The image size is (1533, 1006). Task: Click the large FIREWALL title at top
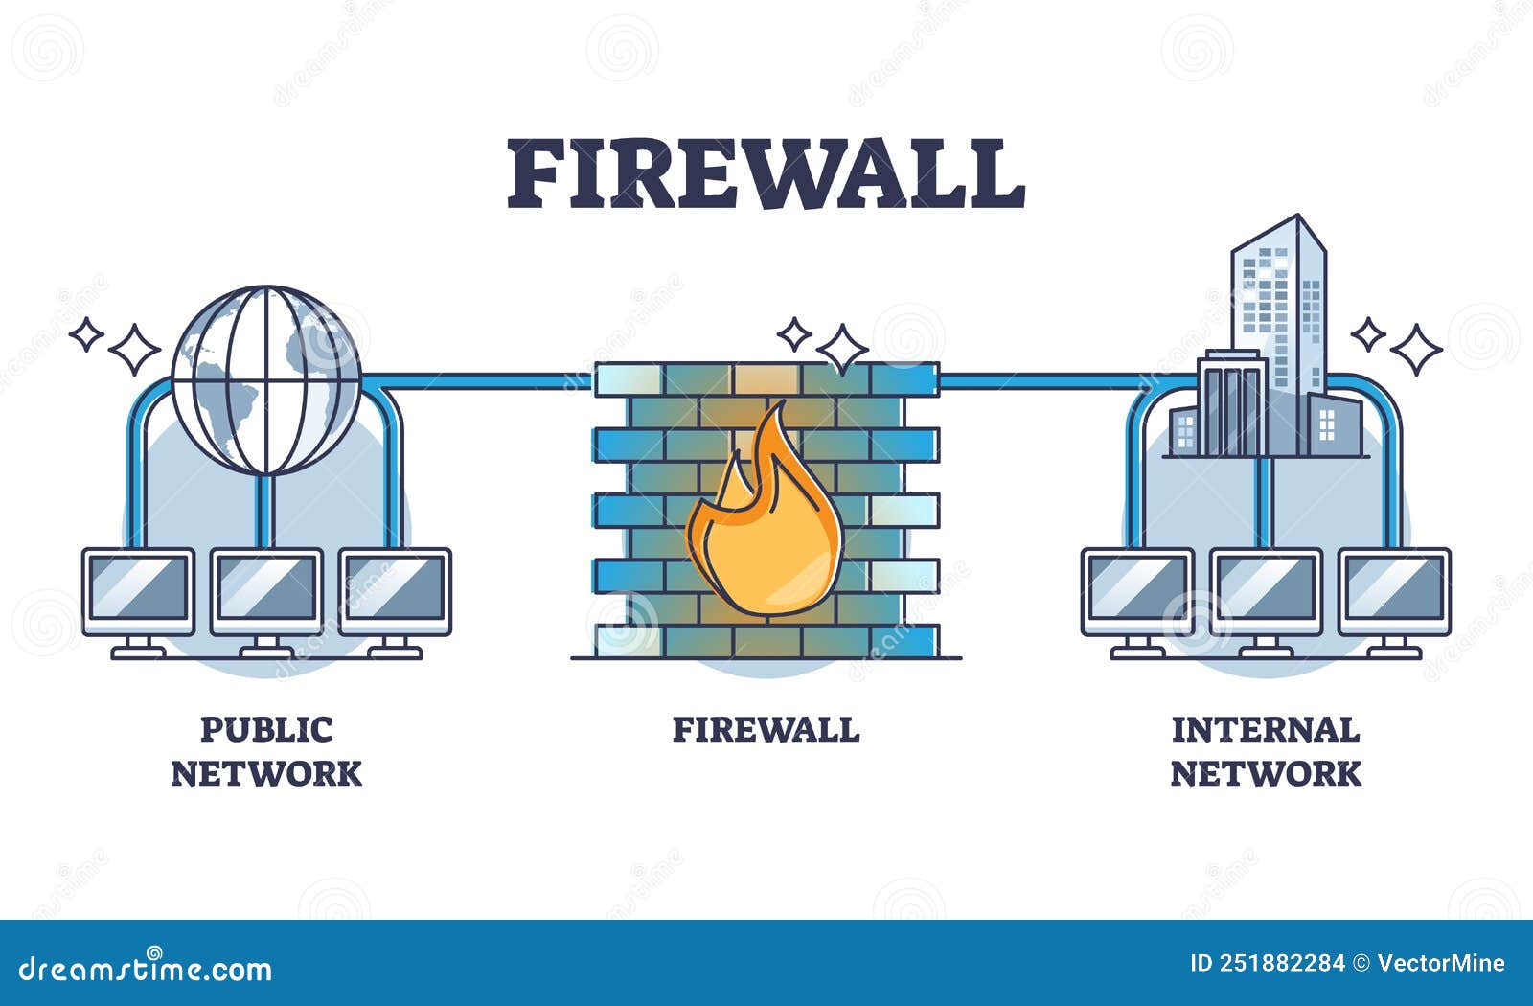point(766,174)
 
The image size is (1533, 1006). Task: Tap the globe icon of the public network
point(266,379)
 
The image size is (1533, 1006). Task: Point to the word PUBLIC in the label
point(265,730)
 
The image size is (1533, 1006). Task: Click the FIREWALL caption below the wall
point(766,730)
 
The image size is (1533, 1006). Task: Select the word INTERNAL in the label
point(1265,730)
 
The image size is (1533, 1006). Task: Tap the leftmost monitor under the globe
point(138,590)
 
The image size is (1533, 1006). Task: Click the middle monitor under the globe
point(266,590)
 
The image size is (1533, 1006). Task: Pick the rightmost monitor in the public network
point(395,590)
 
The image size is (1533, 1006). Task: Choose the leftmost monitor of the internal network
point(1137,590)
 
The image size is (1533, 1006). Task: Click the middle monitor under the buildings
point(1266,590)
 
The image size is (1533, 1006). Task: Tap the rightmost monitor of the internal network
point(1394,590)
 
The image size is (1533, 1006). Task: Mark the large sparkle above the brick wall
point(842,349)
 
